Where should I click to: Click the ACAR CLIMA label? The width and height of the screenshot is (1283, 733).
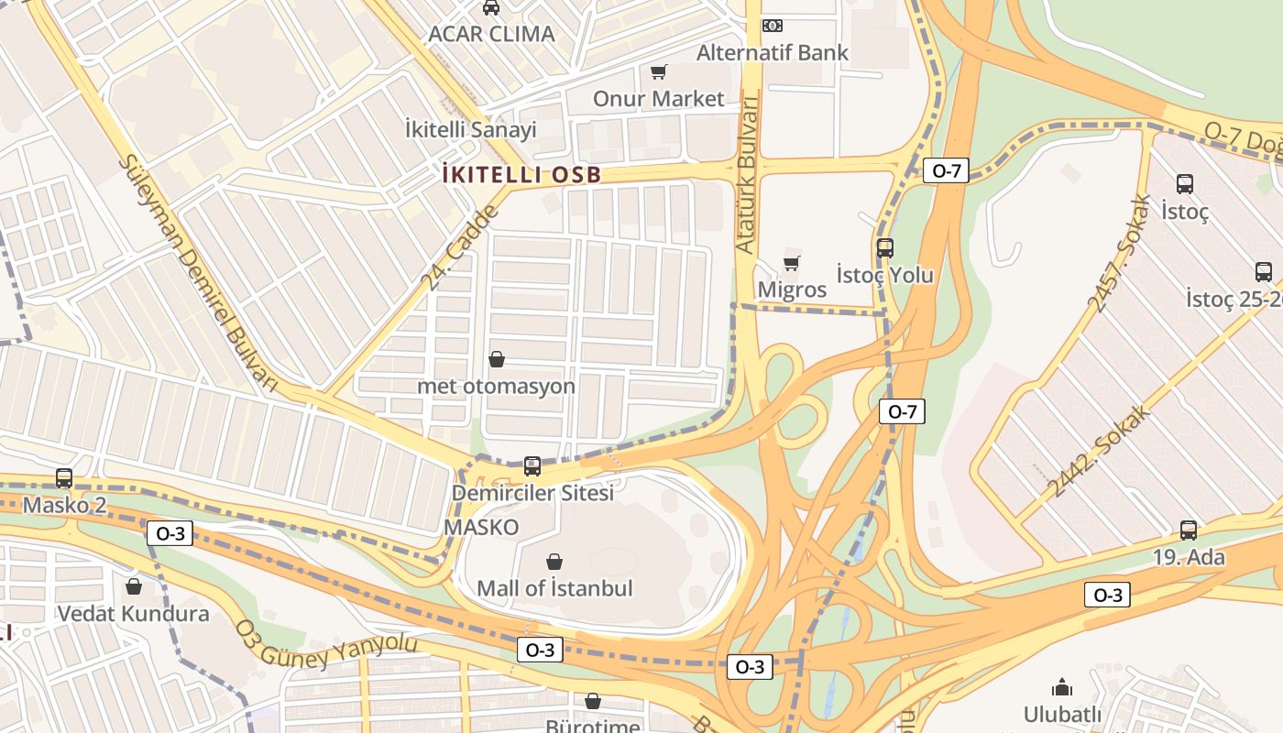tap(491, 34)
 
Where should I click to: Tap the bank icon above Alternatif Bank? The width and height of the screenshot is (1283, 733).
tap(773, 26)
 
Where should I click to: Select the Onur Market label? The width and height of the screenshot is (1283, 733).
tap(658, 98)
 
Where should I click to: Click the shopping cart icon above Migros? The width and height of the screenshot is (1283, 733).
tap(791, 264)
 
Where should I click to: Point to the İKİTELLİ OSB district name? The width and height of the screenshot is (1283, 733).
tap(521, 175)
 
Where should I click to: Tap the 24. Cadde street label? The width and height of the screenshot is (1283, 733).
tap(460, 247)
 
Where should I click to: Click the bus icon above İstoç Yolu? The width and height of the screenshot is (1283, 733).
tap(884, 247)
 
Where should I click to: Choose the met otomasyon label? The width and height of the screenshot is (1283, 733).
tap(496, 386)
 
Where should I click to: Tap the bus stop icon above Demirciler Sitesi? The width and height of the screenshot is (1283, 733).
tap(532, 466)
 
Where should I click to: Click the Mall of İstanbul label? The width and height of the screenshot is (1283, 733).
tap(554, 588)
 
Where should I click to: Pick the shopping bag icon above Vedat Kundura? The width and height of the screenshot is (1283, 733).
tap(134, 586)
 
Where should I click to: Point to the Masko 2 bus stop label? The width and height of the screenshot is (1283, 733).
tap(64, 505)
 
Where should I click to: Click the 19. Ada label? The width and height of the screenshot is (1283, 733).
tap(1188, 556)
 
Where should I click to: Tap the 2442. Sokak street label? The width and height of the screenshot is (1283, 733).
tap(1099, 451)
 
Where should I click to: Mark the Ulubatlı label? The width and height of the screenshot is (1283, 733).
tap(1062, 713)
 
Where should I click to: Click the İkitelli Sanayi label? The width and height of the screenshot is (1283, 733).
tap(470, 129)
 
